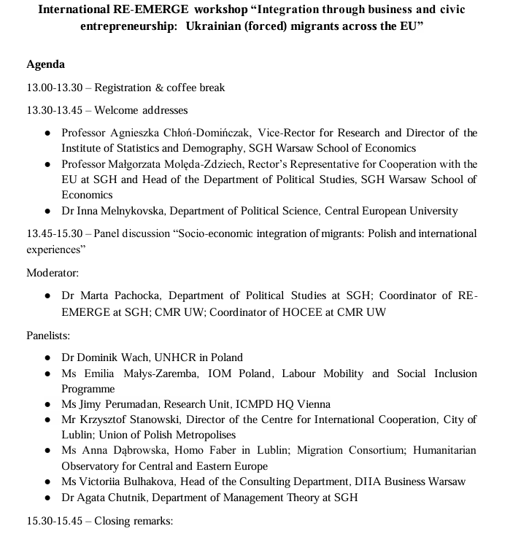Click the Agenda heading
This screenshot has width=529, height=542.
[45, 64]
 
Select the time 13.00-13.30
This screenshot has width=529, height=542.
[53, 88]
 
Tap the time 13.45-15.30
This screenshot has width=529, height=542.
[53, 233]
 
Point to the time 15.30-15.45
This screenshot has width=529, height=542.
[53, 522]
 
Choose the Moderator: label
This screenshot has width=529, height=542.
[53, 272]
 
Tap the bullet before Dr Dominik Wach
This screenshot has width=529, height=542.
[47, 358]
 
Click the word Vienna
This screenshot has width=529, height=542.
[314, 403]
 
